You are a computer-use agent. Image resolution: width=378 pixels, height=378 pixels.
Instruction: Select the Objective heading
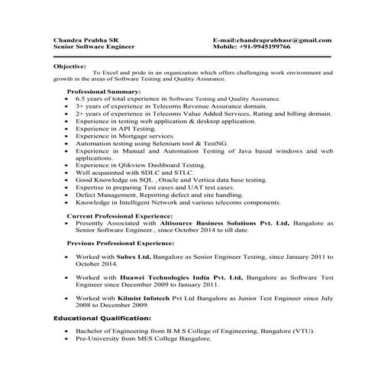(70, 66)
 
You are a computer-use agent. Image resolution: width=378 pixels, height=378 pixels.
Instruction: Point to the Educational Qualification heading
(102, 317)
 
